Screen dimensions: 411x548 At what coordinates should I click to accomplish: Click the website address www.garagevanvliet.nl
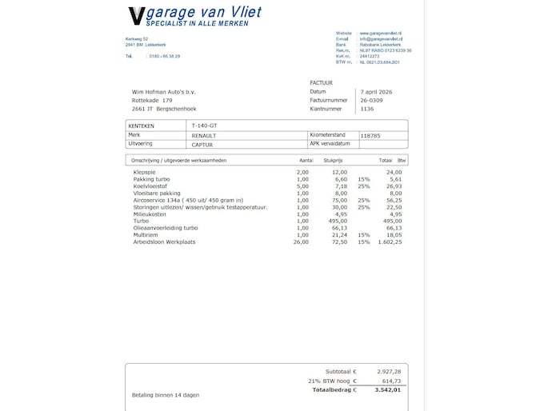click(381, 33)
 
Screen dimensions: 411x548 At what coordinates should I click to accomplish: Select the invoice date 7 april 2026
click(378, 92)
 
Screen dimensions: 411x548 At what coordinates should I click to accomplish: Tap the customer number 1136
click(367, 109)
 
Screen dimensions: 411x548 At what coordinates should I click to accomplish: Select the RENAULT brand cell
click(204, 136)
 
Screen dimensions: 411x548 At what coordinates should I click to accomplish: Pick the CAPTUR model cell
click(202, 145)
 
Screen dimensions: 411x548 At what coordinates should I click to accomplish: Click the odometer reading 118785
click(370, 136)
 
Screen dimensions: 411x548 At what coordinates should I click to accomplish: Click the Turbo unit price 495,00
click(340, 221)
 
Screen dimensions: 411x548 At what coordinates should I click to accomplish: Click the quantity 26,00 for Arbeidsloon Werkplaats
click(301, 241)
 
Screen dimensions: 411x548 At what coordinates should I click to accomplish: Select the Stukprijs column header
click(333, 161)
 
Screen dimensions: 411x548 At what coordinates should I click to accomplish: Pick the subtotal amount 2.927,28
click(386, 372)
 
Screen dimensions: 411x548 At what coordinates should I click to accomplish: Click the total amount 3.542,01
click(386, 391)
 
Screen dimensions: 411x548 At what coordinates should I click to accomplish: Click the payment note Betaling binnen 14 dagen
click(165, 395)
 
